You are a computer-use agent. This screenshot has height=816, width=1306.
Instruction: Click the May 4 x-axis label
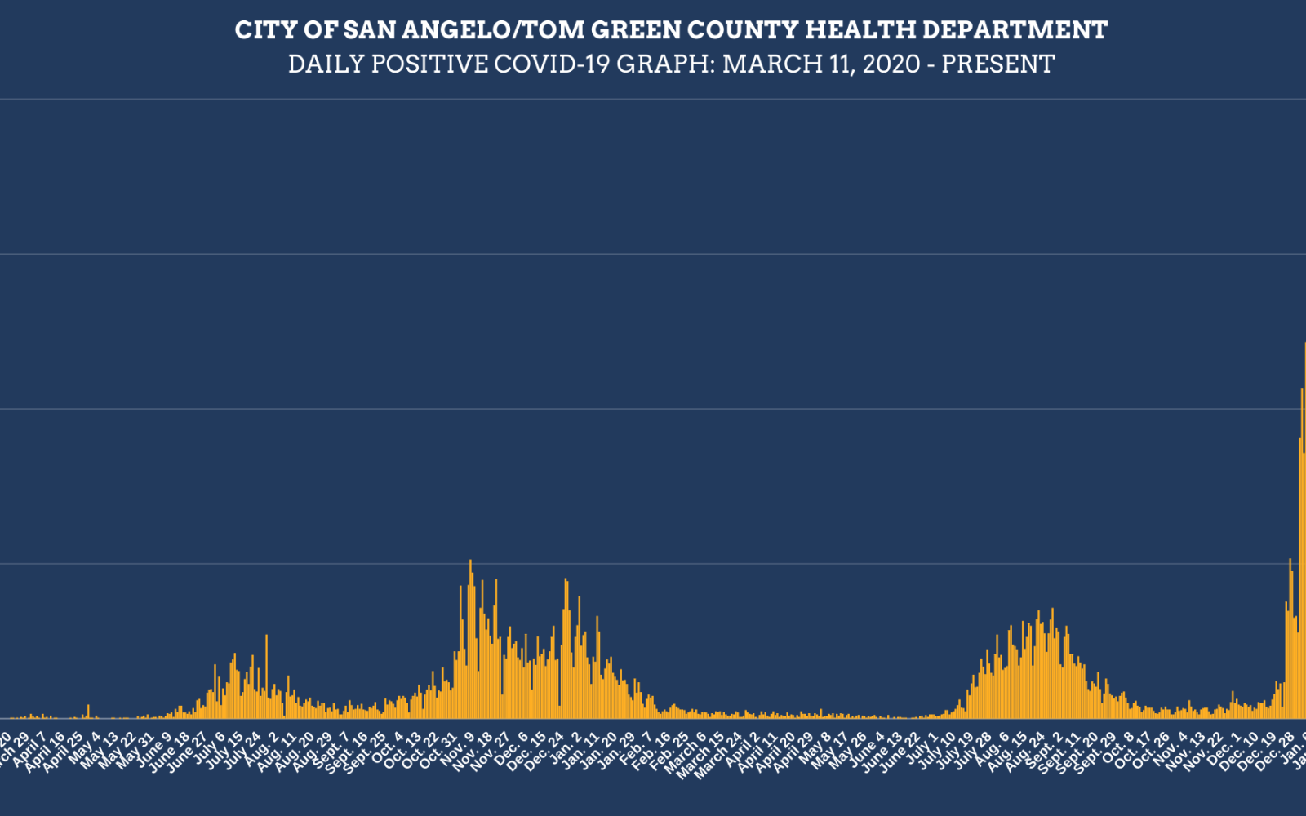(x=87, y=747)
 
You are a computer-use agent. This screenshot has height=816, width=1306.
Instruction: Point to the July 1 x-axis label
(x=923, y=747)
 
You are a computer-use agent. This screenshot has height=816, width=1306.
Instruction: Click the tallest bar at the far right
(x=1304, y=530)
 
